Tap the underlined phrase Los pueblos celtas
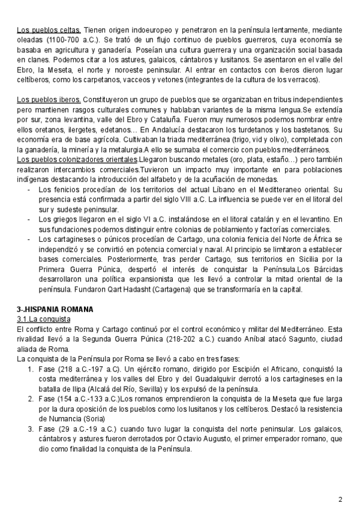pyautogui.click(x=48, y=28)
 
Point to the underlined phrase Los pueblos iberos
pyautogui.click(x=48, y=98)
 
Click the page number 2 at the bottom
pyautogui.click(x=340, y=483)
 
